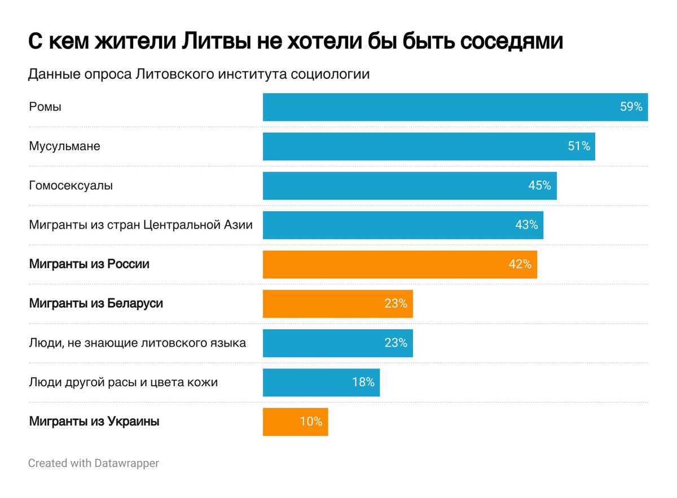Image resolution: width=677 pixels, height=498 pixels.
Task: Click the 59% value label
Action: [631, 107]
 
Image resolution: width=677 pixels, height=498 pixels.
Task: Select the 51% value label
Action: [578, 146]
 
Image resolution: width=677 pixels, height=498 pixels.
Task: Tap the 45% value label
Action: [539, 186]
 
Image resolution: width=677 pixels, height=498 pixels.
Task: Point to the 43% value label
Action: [526, 225]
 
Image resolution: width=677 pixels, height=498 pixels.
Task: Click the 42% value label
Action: [520, 264]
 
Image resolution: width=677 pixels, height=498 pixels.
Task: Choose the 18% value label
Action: [363, 382]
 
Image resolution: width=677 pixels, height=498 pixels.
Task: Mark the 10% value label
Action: [311, 422]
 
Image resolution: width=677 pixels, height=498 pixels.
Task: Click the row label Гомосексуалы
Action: [71, 186]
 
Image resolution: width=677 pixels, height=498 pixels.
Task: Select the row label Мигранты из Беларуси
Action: [95, 304]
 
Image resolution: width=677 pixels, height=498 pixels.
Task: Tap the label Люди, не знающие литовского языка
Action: [137, 343]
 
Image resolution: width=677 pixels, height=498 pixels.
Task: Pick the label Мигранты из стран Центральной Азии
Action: [140, 225]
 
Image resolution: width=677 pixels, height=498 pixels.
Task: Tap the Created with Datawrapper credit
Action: [94, 464]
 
